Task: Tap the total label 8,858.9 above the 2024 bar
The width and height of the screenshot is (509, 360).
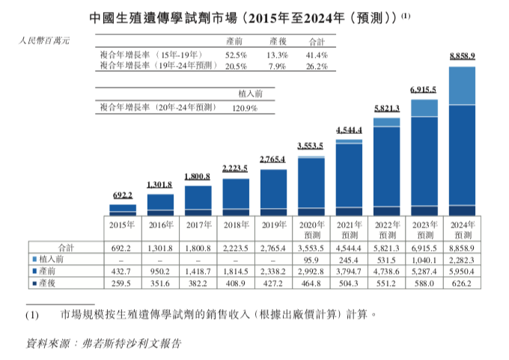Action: point(463,56)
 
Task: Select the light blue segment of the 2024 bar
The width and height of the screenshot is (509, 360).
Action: point(463,86)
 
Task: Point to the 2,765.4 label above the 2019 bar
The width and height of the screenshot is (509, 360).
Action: point(273,159)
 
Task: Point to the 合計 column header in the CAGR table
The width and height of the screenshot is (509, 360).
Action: point(316,42)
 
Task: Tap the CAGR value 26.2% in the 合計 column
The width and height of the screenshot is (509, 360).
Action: point(316,66)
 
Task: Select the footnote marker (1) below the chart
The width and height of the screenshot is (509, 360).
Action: point(31,315)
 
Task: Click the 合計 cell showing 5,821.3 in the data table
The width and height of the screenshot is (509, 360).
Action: point(388,245)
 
